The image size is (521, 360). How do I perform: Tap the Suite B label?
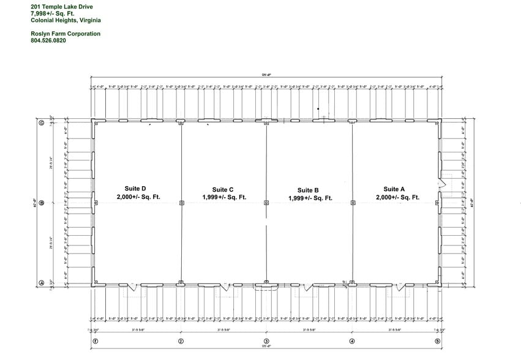309,190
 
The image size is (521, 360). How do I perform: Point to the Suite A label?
395,189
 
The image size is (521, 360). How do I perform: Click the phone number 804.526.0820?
48,41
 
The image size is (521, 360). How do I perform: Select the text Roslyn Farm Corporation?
65,34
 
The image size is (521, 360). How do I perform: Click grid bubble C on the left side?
42,123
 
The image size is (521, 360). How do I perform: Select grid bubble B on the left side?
42,203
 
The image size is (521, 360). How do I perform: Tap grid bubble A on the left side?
42,283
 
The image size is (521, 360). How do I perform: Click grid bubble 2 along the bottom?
181,342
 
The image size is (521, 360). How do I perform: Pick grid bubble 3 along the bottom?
266,342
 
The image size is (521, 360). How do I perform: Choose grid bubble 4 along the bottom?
352,342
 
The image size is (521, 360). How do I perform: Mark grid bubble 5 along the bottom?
437,342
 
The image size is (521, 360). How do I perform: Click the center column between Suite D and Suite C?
181,203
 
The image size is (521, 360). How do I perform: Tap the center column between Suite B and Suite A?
352,203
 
